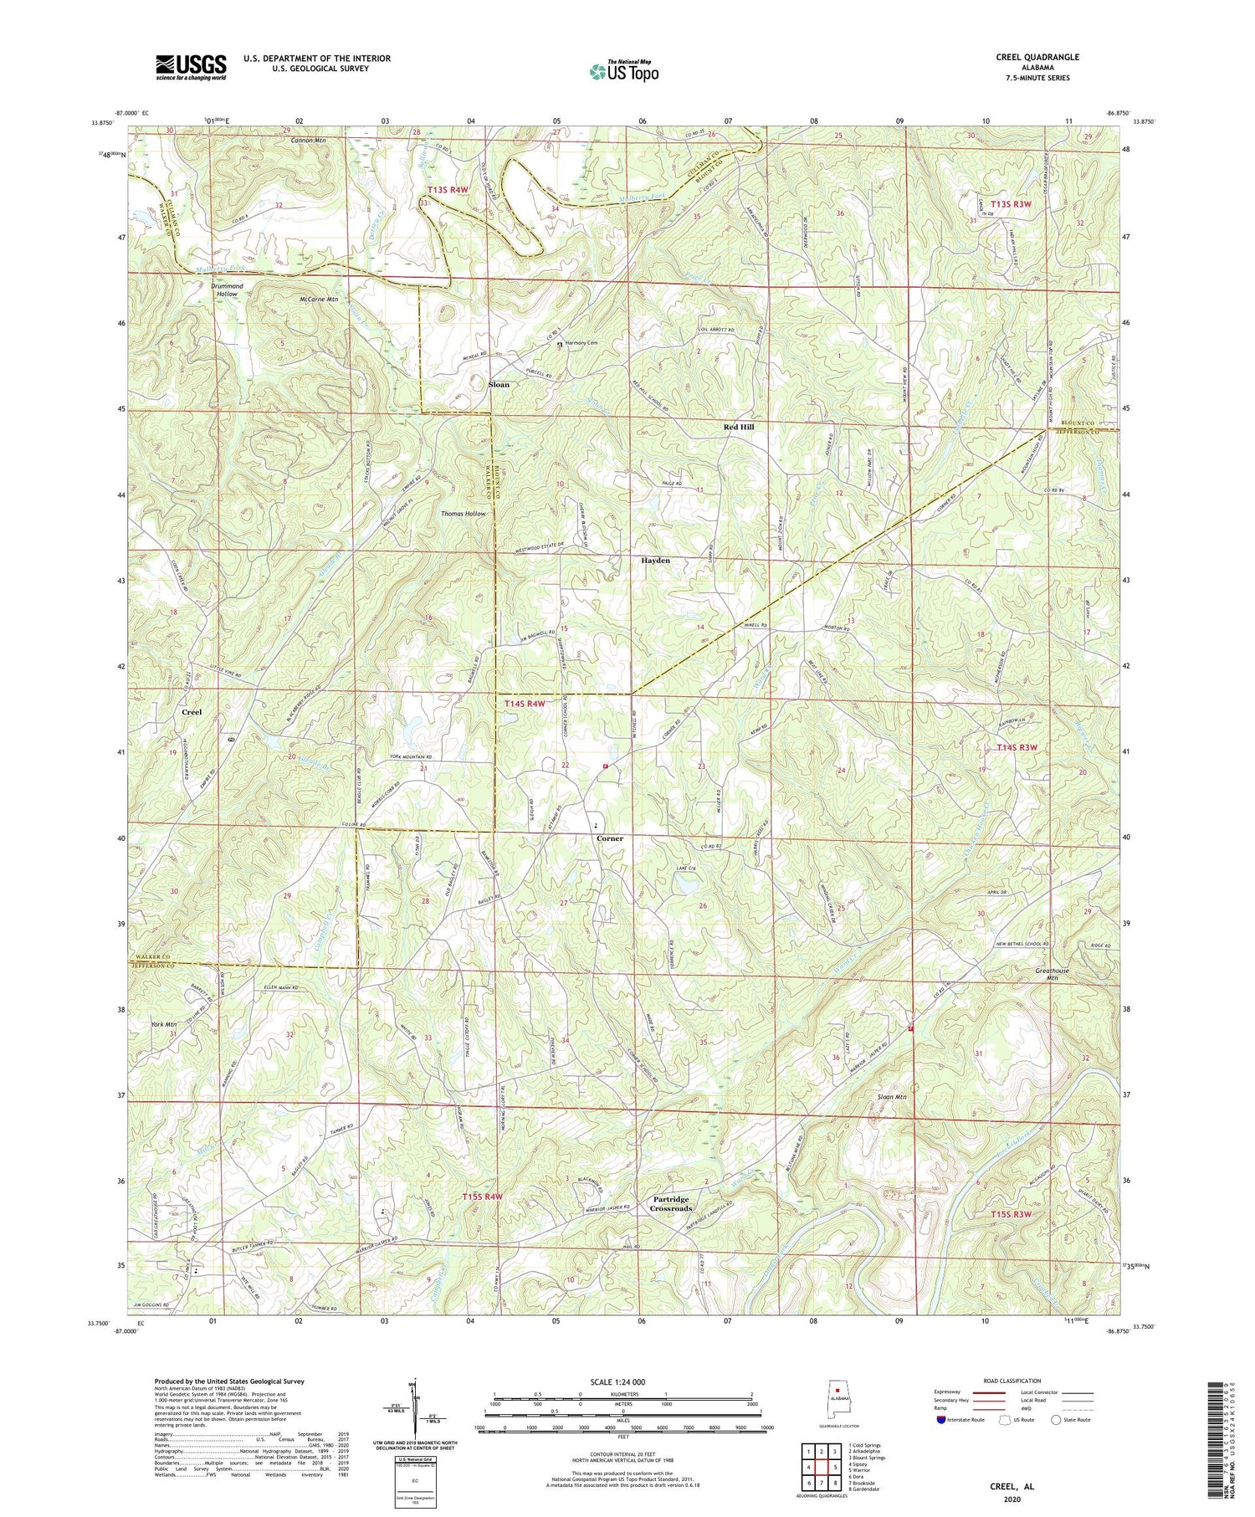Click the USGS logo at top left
click(x=190, y=67)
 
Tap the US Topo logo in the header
click(x=623, y=71)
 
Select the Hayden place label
click(x=655, y=561)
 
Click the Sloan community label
click(x=499, y=385)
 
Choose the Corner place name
click(x=609, y=838)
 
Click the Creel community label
click(x=192, y=712)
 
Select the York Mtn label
click(x=163, y=1024)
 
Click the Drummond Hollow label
click(x=227, y=290)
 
